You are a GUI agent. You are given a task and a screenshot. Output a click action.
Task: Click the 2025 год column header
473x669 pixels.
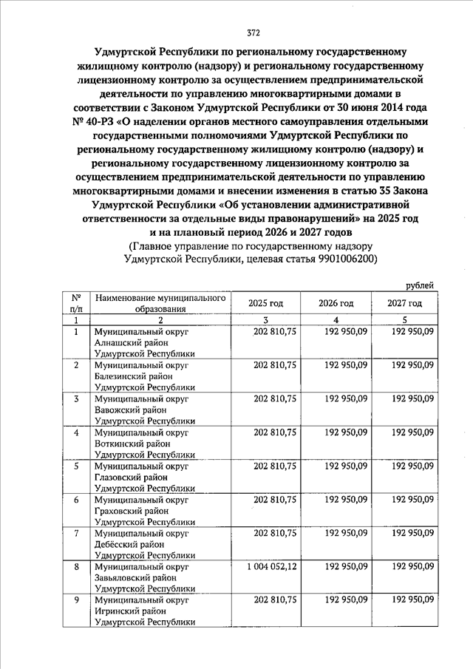265,303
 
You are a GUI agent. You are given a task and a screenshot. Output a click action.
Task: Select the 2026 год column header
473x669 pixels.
336,303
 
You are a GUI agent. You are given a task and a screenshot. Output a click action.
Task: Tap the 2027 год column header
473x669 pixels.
404,303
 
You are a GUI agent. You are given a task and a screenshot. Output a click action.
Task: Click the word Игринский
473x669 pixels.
118,611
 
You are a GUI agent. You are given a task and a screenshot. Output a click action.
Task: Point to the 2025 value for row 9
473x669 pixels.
275,600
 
